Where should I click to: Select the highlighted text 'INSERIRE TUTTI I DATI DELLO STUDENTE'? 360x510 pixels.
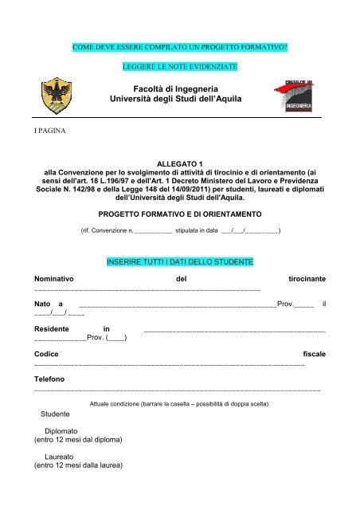[x=181, y=261]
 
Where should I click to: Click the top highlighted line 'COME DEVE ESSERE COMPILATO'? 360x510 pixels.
[x=179, y=49]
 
